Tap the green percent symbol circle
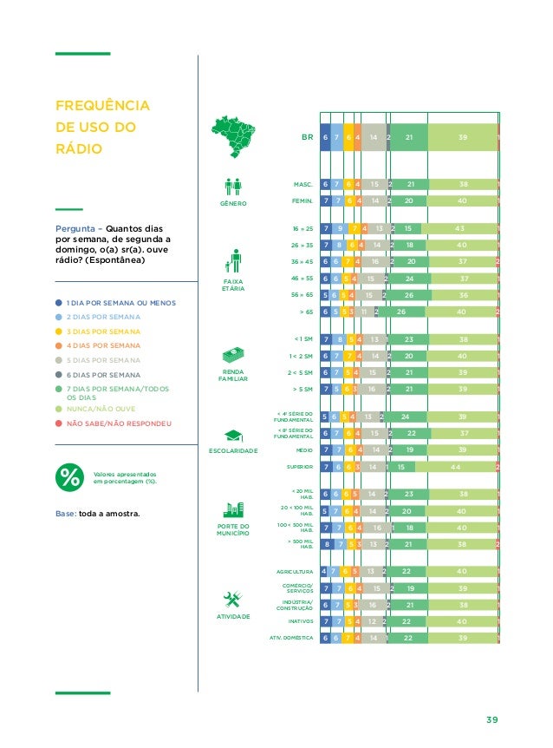click(x=68, y=477)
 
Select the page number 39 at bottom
click(x=493, y=719)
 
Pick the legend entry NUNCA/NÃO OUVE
click(x=101, y=406)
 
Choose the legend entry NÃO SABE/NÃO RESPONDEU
click(x=119, y=423)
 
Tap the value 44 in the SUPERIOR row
click(x=456, y=466)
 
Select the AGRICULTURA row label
click(x=294, y=572)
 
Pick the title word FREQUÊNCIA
click(x=102, y=107)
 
